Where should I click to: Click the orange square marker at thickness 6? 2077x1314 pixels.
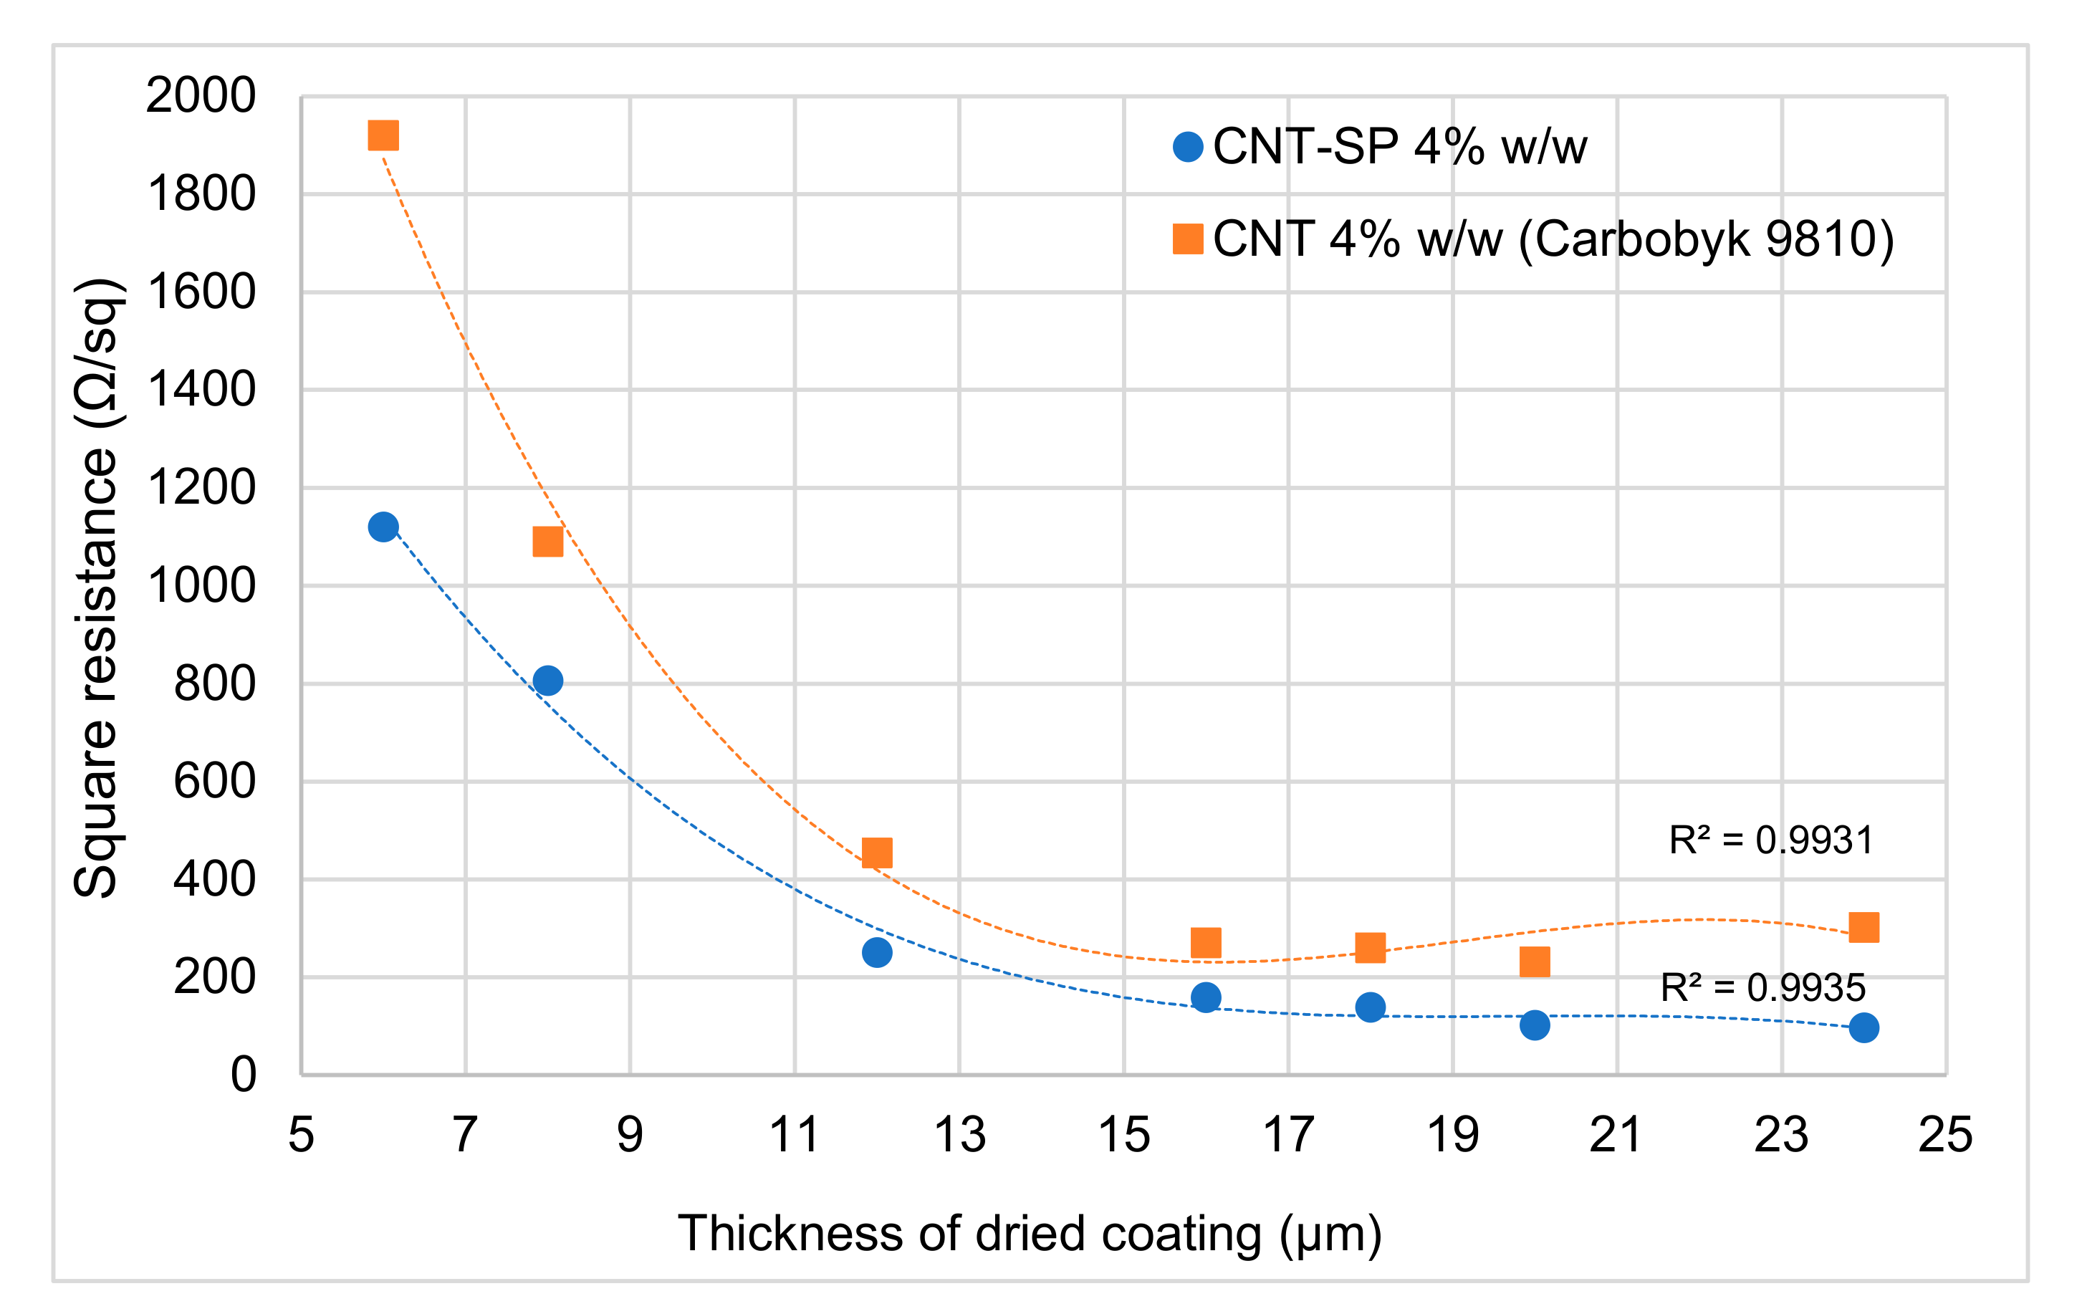[383, 135]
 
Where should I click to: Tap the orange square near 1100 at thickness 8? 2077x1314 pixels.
[547, 542]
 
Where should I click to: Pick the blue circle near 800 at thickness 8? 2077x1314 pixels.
[547, 680]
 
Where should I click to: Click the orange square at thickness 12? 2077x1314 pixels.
[877, 853]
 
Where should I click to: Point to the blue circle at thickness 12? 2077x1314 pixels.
[877, 952]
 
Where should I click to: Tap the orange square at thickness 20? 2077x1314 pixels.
[1535, 961]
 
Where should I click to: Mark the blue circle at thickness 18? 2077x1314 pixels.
[1371, 1007]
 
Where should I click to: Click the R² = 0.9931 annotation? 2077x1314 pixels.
[1771, 840]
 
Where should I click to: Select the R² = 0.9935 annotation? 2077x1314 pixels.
[1762, 988]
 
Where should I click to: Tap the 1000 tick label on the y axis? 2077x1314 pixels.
[201, 586]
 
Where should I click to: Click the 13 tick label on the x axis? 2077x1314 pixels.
[959, 1135]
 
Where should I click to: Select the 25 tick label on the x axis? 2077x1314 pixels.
[1945, 1135]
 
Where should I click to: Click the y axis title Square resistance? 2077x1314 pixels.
[97, 587]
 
